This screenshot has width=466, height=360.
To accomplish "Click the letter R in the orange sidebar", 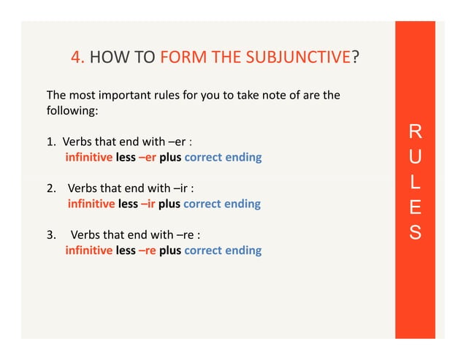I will (415, 132).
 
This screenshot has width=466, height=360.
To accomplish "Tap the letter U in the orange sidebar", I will (415, 158).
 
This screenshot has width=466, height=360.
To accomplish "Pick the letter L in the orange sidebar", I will (415, 183).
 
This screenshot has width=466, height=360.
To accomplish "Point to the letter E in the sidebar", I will (415, 209).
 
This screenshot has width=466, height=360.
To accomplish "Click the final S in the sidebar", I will (415, 234).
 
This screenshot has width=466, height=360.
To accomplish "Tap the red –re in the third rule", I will (148, 250).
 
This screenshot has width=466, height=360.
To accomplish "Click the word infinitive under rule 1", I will (89, 158).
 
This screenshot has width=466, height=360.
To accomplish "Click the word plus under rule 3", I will (170, 250).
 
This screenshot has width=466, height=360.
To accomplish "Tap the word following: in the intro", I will (72, 112).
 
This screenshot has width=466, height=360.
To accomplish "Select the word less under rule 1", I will (126, 158).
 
